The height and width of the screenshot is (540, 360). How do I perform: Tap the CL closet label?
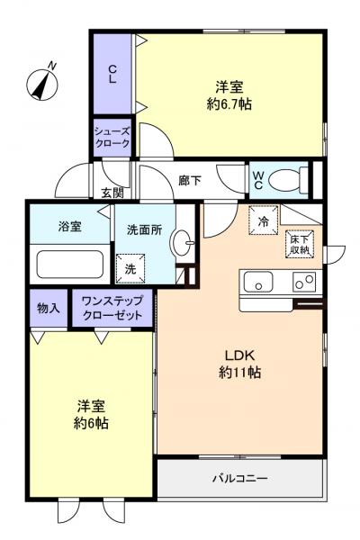(112, 73)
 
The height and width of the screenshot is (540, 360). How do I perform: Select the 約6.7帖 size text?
(229, 103)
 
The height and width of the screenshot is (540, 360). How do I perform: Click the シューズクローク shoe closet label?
(112, 137)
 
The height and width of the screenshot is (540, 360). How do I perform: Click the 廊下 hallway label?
(190, 179)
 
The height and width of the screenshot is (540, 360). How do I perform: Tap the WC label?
(257, 180)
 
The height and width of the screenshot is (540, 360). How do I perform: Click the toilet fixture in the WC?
(287, 180)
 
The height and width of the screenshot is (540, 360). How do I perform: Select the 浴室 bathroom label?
(69, 227)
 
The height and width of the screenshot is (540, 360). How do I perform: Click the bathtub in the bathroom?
(69, 264)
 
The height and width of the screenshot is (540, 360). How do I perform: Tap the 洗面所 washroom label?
(144, 229)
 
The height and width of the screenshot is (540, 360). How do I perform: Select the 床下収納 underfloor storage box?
(299, 244)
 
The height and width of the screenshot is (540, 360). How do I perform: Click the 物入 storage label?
(48, 308)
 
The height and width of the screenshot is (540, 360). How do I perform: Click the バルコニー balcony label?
(239, 479)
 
